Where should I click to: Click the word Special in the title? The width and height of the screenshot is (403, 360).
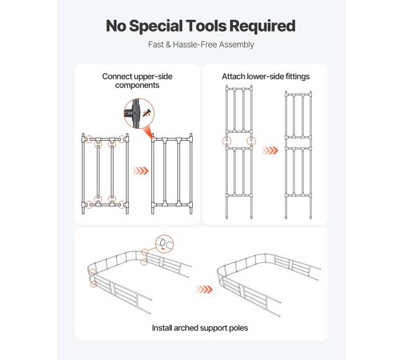pos(156,27)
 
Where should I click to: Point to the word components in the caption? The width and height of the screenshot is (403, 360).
pos(137,86)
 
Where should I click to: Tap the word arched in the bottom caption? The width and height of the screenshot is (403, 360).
pos(186,328)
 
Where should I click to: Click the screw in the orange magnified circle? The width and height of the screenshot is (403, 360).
pos(147,113)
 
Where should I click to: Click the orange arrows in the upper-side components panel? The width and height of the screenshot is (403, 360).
pos(140,171)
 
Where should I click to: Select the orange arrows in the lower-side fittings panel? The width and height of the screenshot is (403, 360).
pos(270,150)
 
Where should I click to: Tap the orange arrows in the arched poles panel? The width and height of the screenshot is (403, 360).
pos(204,289)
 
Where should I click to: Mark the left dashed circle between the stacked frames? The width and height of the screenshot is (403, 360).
pos(227,141)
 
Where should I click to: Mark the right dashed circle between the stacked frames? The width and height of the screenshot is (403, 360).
pos(251,141)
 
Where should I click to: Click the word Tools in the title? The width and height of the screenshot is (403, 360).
pos(206,26)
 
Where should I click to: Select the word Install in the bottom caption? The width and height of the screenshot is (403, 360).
pos(162,328)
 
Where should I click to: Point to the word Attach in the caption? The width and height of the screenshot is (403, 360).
pos(233,76)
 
